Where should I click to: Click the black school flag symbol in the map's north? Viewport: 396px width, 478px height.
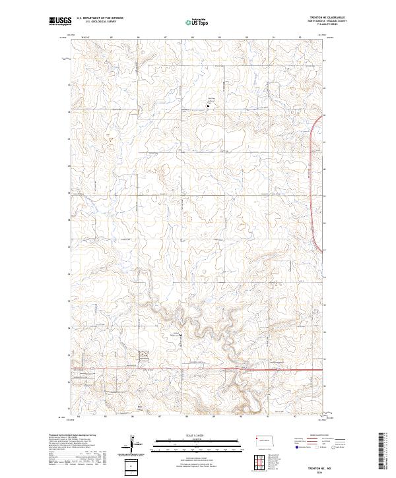[212, 104]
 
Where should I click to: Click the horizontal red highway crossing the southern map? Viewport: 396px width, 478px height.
[277, 369]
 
